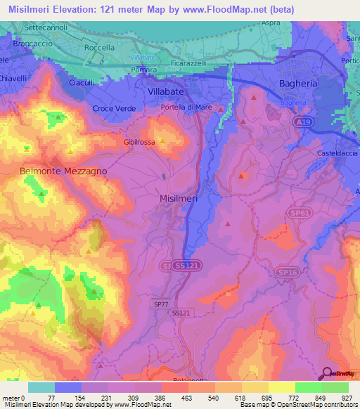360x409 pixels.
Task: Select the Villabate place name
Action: click(169, 91)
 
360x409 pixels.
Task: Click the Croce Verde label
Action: click(113, 109)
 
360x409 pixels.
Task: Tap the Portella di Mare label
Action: click(185, 107)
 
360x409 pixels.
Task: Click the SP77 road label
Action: click(161, 304)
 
